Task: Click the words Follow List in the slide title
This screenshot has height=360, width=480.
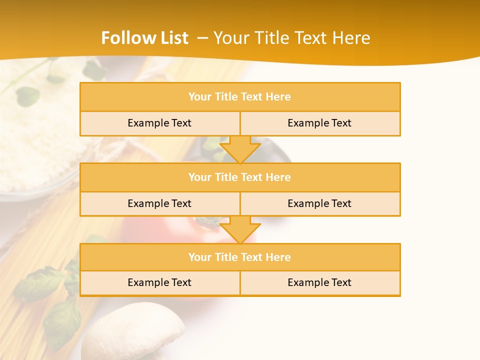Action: click(144, 38)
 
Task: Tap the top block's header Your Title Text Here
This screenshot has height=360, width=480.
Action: click(239, 97)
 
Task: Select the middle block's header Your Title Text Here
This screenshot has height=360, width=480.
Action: click(239, 177)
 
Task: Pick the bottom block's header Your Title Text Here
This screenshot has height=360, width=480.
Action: click(239, 257)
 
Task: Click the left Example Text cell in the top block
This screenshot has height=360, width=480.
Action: click(159, 123)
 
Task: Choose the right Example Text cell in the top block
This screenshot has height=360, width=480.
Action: click(319, 123)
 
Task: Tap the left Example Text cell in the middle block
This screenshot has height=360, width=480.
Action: click(159, 203)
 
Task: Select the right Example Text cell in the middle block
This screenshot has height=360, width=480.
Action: click(319, 203)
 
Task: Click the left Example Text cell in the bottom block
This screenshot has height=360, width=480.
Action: click(159, 282)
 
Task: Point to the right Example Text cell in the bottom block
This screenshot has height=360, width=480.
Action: click(319, 282)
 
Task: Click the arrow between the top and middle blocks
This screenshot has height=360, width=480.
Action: click(240, 149)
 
